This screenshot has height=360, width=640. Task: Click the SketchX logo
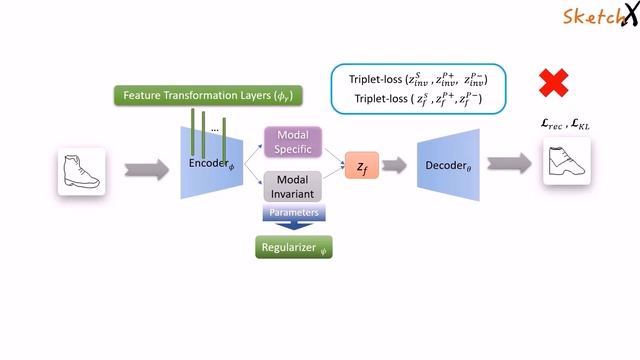point(598,16)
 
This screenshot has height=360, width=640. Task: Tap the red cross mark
point(553,83)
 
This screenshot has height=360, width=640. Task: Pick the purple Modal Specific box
point(292,142)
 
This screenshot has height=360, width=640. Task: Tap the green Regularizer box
point(292,246)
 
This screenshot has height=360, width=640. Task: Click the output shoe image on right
point(566,163)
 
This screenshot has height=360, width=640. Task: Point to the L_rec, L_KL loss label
point(565,124)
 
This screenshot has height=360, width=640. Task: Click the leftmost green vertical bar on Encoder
point(191,127)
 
